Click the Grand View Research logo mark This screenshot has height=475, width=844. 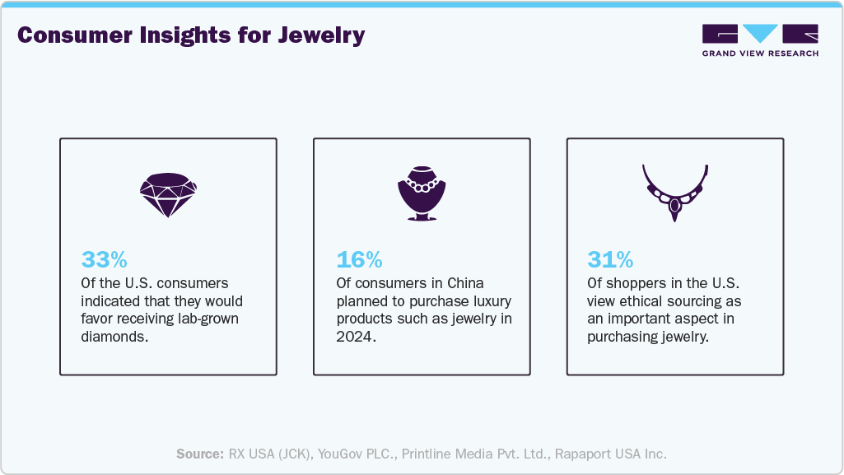click(x=759, y=34)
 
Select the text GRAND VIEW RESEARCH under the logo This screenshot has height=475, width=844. click(x=759, y=54)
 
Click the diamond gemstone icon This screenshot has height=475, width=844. click(x=168, y=194)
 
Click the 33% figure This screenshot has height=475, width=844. click(x=104, y=260)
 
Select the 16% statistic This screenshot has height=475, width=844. click(x=359, y=260)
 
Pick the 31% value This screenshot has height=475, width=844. click(x=610, y=260)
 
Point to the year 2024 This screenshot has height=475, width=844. click(x=354, y=337)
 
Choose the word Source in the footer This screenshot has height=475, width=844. click(x=199, y=454)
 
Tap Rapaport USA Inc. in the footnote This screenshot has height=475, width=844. click(x=610, y=454)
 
